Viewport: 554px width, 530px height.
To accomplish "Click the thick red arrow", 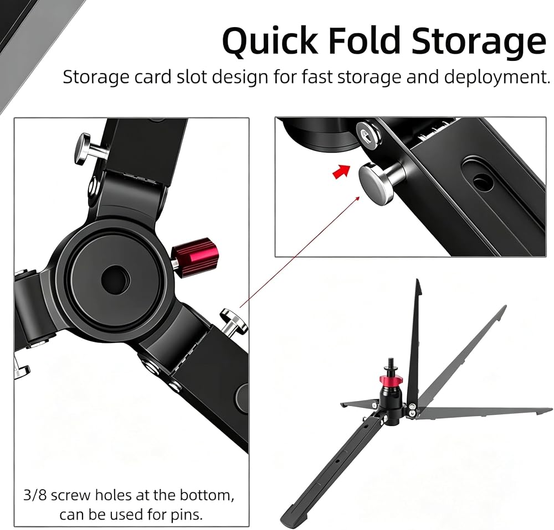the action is [341, 171].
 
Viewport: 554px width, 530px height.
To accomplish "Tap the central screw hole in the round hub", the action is [116, 279].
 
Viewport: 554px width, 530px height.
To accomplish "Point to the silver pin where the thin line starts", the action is [233, 321].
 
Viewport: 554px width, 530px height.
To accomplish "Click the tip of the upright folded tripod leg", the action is [418, 280].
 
